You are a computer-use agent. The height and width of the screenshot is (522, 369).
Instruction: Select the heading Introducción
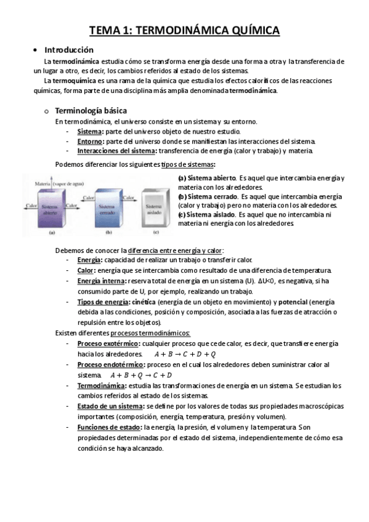(68, 50)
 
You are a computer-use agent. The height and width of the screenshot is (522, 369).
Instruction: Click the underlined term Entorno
(90, 141)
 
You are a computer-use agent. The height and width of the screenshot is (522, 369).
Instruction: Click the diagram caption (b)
(108, 233)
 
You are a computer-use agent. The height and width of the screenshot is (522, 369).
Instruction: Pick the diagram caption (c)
(155, 233)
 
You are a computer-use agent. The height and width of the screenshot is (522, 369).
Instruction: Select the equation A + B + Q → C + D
(141, 375)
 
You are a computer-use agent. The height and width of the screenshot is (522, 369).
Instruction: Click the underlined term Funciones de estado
(108, 427)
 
